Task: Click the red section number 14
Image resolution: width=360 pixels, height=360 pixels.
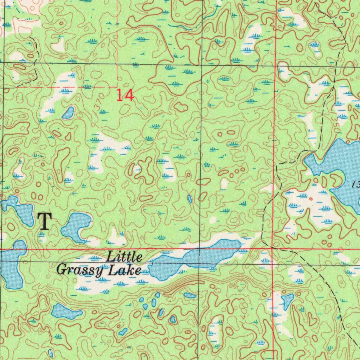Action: point(125,95)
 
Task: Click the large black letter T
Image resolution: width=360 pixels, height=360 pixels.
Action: point(45,221)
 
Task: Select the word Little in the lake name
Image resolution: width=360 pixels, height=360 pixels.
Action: point(124,257)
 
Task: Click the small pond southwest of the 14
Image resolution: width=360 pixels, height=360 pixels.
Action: point(68,113)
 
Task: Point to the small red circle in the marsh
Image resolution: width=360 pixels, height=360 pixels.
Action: point(310,199)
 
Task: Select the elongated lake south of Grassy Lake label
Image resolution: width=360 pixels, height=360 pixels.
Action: point(66,311)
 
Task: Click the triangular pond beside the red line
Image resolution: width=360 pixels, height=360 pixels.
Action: point(287,301)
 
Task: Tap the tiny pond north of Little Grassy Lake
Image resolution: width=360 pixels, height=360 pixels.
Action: point(190,199)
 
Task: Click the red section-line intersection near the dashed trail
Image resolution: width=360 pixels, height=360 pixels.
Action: point(273,248)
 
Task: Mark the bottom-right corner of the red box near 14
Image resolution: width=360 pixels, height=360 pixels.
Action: point(117,86)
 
